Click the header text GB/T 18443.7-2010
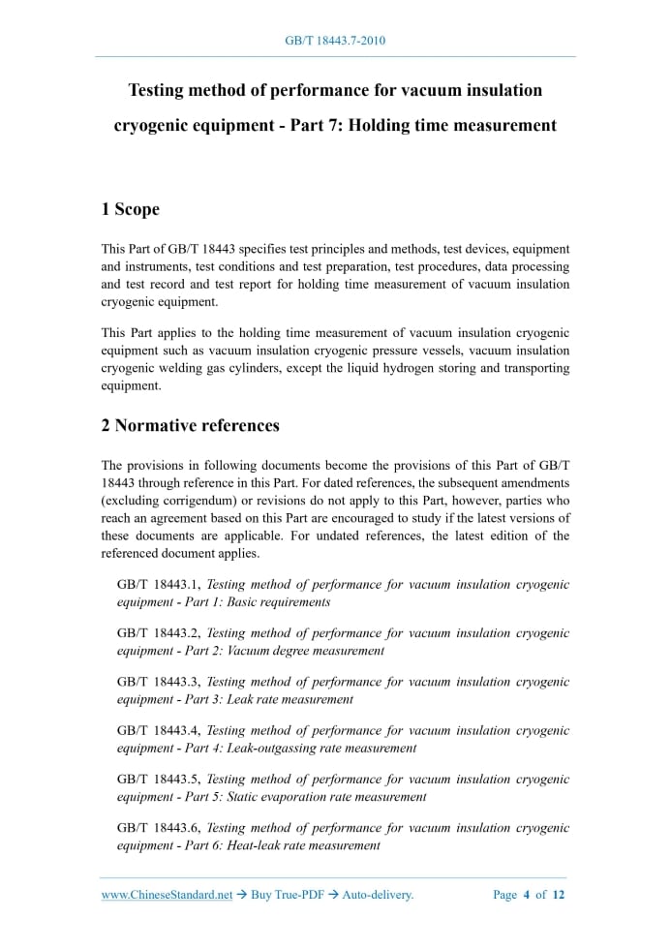pos(335,41)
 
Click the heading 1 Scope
pos(130,209)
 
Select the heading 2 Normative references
pos(190,425)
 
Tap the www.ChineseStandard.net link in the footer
pos(167,895)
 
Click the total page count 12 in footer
pos(558,895)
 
